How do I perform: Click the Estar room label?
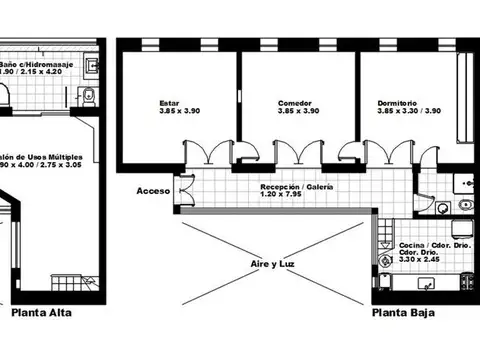coord(169,103)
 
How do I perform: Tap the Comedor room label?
coord(294,103)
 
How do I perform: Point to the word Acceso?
coord(153,190)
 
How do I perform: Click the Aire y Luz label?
coord(273,264)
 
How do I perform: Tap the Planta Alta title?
coord(42,313)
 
